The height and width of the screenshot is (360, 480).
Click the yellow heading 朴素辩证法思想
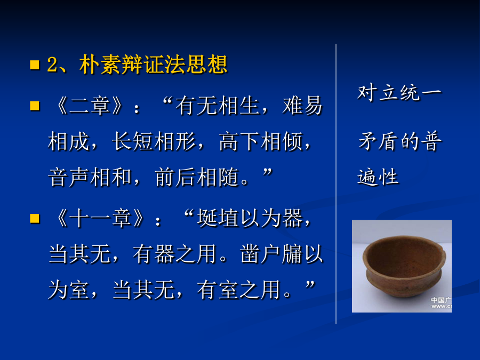tap(154, 65)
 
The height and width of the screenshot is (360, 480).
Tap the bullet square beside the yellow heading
tap(35, 65)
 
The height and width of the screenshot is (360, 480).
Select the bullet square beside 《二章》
tap(35, 106)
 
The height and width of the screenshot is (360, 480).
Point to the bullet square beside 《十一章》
tap(35, 218)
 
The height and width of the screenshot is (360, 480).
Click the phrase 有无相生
tap(218, 106)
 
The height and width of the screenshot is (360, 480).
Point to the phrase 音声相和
tap(90, 177)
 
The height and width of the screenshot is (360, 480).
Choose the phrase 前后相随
tap(196, 177)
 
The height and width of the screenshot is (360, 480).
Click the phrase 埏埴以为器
tap(250, 218)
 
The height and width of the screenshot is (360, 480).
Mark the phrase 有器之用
tap(175, 254)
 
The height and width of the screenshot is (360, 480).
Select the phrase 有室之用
tap(239, 290)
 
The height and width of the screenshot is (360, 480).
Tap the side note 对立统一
tap(399, 93)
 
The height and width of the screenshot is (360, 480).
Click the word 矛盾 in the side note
tap(379, 141)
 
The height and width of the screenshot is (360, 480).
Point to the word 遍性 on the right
tap(378, 177)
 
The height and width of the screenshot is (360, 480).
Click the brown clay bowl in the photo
tap(404, 266)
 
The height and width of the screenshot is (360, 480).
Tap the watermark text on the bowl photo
tap(441, 303)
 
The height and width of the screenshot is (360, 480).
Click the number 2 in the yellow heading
tap(52, 65)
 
